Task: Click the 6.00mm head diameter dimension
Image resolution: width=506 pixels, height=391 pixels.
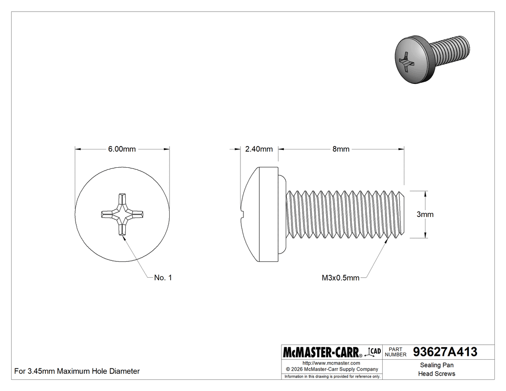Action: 122,149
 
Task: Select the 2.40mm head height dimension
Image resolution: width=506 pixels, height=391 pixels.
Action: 259,149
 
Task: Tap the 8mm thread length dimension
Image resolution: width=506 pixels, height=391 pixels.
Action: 341,149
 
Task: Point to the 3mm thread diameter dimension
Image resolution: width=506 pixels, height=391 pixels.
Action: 425,215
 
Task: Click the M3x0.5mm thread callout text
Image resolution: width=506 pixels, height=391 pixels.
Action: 340,278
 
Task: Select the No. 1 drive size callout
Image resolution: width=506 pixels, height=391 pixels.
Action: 163,278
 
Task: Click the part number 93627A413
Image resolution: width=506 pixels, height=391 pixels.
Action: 445,352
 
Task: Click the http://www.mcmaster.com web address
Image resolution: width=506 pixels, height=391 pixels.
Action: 331,363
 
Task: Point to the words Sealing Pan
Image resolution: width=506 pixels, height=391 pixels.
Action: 437,365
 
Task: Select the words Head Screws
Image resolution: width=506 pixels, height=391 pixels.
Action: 437,374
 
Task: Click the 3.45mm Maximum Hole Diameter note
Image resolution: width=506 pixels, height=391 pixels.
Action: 77,371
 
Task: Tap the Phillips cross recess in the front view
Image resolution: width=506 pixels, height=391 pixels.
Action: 122,214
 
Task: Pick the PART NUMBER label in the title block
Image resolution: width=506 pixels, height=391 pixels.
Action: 396,352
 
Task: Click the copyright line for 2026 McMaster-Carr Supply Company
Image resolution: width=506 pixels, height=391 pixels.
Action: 331,369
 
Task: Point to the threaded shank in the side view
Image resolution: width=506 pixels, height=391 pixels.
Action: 345,214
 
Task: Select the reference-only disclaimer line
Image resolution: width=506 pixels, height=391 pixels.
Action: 332,376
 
